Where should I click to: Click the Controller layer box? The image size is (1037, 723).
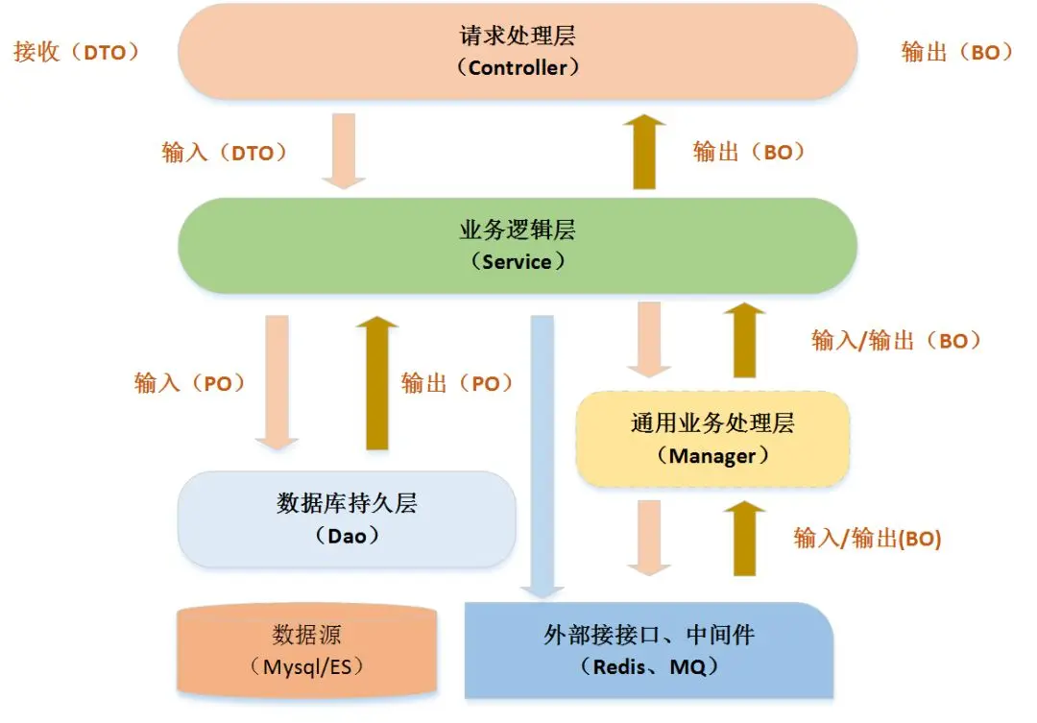tap(518, 52)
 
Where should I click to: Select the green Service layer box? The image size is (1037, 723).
tap(518, 246)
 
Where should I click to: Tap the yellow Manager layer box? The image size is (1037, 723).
tap(712, 439)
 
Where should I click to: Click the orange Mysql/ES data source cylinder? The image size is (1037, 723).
tap(308, 650)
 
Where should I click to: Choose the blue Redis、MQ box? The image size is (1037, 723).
tap(649, 650)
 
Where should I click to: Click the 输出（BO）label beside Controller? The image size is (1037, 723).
tap(956, 52)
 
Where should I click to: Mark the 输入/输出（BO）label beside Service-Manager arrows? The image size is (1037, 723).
tap(896, 340)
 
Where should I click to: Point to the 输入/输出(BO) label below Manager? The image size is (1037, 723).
tap(867, 538)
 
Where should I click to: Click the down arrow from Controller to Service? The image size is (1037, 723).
tap(343, 150)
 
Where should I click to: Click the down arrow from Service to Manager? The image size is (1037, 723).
tap(649, 339)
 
